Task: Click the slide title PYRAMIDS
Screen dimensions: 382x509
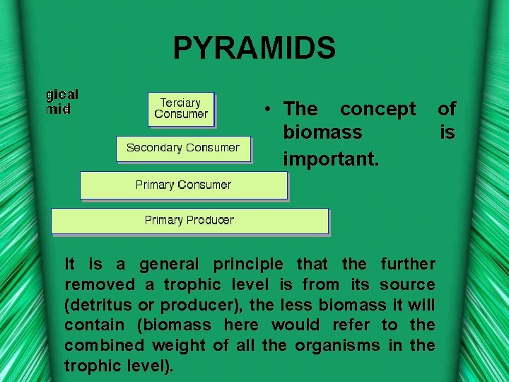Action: point(255,49)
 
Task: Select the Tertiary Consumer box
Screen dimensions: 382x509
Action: point(181,108)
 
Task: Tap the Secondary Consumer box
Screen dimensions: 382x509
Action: point(183,148)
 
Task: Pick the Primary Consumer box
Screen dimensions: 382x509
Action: point(183,185)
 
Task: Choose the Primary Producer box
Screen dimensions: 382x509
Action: point(189,220)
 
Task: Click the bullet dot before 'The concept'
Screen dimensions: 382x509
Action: point(269,110)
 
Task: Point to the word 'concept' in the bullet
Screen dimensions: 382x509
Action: point(378,109)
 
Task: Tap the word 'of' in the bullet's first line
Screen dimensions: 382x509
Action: point(447,109)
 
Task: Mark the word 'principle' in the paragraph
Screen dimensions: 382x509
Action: point(247,265)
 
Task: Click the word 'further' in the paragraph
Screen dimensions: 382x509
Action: point(408,265)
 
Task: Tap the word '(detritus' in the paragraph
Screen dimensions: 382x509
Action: point(98,306)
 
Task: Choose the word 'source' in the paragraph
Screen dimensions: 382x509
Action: point(407,285)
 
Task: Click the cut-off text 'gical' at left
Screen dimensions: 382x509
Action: point(62,95)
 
